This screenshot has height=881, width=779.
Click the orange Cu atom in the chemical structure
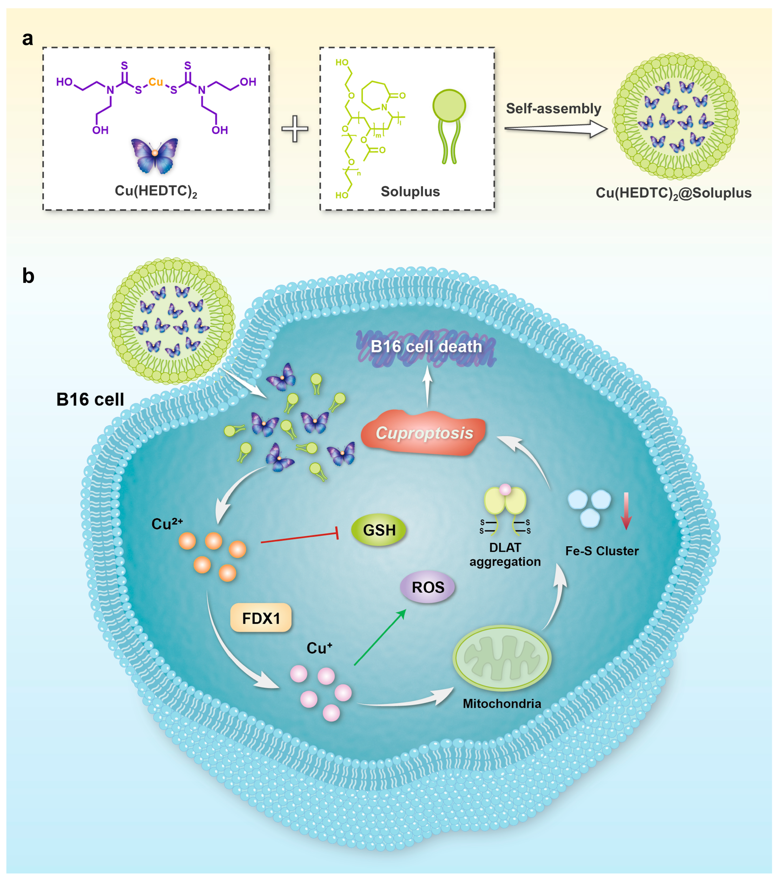coord(156,82)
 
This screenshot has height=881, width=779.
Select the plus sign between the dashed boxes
coord(295,128)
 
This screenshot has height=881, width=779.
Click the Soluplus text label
coord(410,191)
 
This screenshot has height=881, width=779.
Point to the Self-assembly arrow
coord(556,128)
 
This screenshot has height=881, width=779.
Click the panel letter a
coord(28,39)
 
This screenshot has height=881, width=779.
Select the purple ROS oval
coord(428,587)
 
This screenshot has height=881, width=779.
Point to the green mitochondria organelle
coord(502,658)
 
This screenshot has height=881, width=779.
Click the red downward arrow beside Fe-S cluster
coord(626,511)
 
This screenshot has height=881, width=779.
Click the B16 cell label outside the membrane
coord(90,399)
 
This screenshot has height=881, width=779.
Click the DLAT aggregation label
coord(505,555)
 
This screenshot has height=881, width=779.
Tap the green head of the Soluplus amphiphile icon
coord(449,106)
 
